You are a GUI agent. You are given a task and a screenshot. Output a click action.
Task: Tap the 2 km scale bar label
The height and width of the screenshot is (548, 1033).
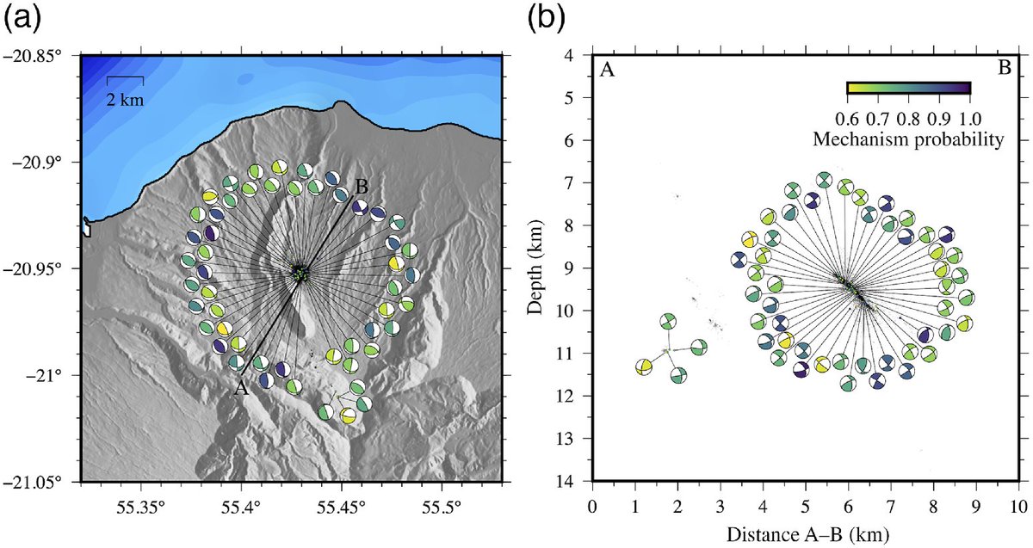126,99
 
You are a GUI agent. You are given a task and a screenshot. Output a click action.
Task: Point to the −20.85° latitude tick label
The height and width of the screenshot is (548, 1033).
39,56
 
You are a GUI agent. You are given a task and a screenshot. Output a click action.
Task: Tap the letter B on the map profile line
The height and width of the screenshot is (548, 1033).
362,186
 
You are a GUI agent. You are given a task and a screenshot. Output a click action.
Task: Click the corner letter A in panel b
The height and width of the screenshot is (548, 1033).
607,71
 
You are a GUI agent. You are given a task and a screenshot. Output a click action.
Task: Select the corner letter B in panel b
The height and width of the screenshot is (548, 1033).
1004,70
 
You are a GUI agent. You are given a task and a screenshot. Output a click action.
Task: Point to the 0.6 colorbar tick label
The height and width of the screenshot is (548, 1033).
847,115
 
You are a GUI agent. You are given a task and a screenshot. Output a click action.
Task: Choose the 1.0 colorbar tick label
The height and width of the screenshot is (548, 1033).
971,115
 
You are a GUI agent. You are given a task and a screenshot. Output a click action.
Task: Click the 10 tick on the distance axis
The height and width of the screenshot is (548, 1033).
1018,502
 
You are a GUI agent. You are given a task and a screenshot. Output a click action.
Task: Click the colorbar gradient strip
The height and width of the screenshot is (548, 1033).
909,88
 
